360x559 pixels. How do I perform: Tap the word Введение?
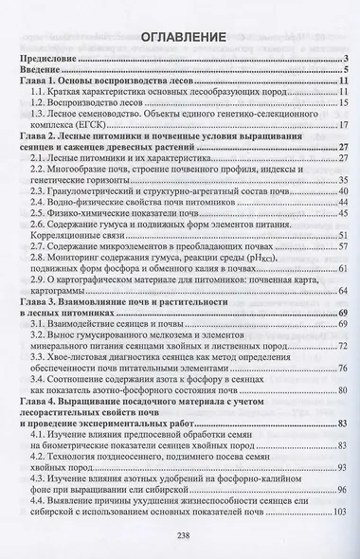[40, 72]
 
